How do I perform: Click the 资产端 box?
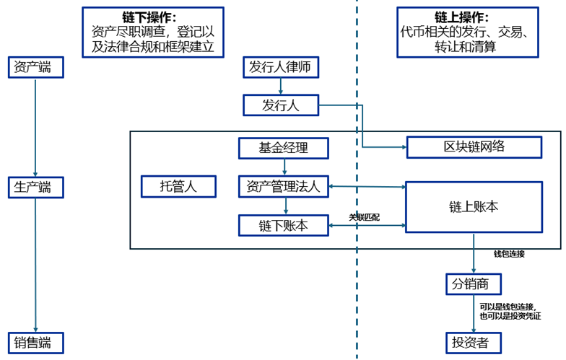[35, 67]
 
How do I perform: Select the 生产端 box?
[35, 188]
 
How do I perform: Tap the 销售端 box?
[35, 342]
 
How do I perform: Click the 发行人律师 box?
[280, 67]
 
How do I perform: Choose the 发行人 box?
[280, 105]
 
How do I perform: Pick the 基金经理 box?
[284, 148]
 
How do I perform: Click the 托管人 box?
[178, 186]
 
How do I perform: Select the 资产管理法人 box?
[284, 186]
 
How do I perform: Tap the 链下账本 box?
[284, 225]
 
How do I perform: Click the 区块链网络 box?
[474, 146]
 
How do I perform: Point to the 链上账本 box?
[474, 206]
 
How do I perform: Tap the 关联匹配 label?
[364, 216]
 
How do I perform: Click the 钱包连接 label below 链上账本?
[509, 254]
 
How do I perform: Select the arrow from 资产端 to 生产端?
[35, 126]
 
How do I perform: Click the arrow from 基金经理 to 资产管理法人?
[284, 167]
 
